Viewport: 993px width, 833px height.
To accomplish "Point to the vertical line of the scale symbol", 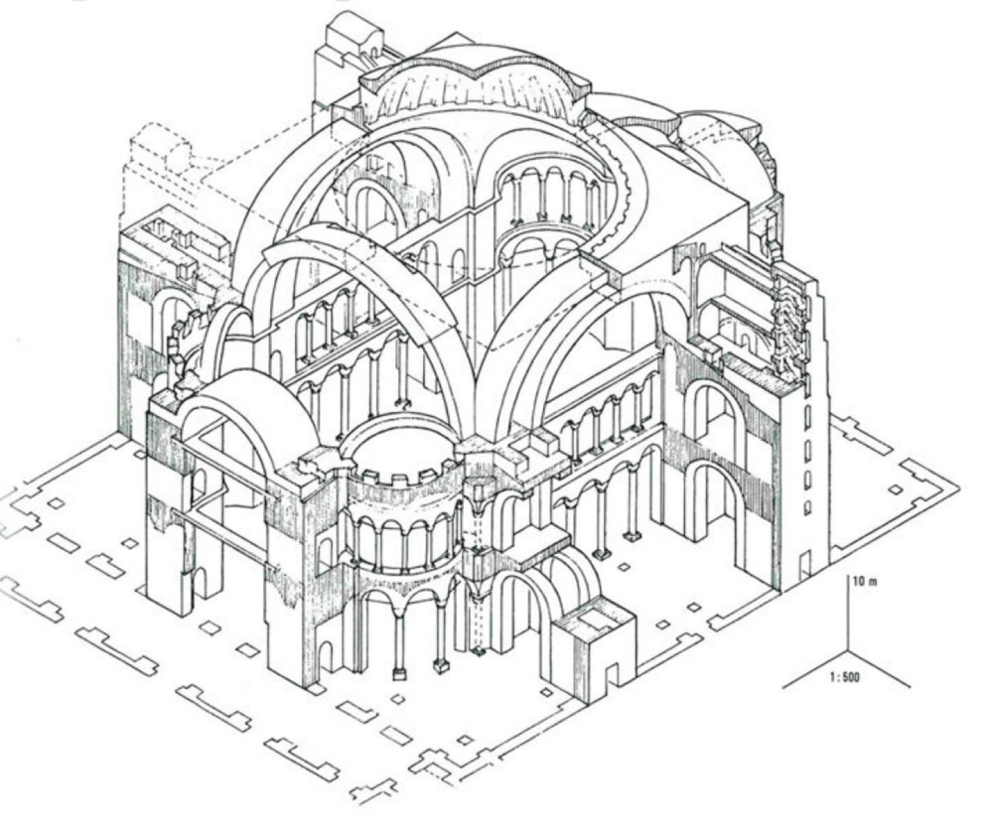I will [x=848, y=616].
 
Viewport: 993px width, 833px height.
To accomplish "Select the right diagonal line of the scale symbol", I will [x=880, y=669].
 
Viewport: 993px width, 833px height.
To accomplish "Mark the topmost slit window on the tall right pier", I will [x=806, y=410].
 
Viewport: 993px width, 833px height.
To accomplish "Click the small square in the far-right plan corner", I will [x=896, y=489].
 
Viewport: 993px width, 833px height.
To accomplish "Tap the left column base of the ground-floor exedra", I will [x=399, y=673].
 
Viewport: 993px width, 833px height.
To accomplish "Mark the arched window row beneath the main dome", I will [x=551, y=199].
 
